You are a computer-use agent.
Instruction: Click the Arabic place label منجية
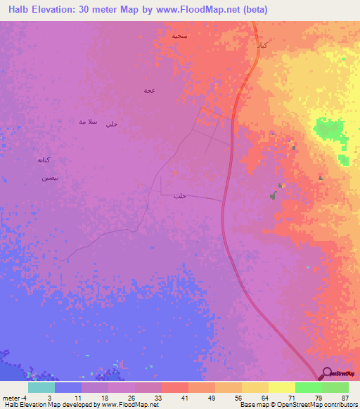pos(180,34)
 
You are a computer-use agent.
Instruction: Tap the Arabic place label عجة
pos(149,90)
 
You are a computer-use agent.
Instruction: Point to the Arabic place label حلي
pos(111,124)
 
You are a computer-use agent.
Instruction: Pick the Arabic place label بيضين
pos(49,178)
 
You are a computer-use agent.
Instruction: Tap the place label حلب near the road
pos(179,196)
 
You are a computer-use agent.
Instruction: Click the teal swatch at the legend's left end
pos(41,387)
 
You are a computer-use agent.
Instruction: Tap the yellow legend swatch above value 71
pos(281,387)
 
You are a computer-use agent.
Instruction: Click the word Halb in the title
pos(22,10)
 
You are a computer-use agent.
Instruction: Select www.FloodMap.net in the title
pos(199,10)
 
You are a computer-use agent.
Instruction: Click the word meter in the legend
pos(11,397)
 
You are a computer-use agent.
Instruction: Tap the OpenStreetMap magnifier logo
pos(327,373)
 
